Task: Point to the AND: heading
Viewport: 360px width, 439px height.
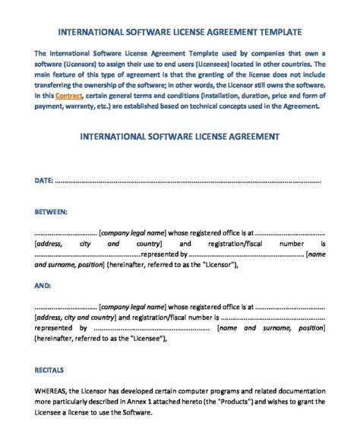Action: (x=43, y=286)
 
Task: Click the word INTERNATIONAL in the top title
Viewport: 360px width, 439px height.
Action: (x=88, y=33)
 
